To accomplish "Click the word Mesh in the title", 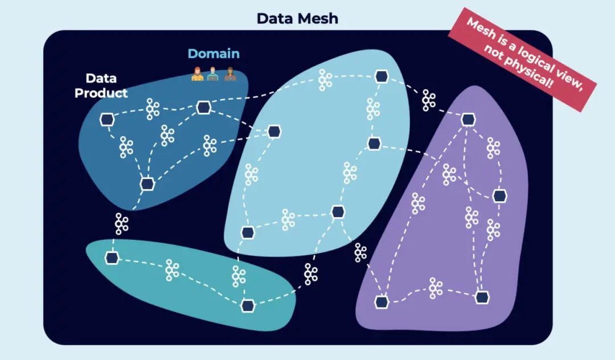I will tap(318, 18).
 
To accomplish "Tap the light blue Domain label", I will tap(214, 54).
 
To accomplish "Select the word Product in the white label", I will tap(101, 93).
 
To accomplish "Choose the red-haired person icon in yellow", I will tap(197, 75).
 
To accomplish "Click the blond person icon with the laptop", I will tap(213, 75).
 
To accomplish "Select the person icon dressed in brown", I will tap(229, 75).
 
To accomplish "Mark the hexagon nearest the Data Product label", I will tap(107, 120).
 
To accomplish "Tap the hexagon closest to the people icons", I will tap(204, 108).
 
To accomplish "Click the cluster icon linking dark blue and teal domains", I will tap(121, 223).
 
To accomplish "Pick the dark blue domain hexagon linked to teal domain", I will tap(147, 183).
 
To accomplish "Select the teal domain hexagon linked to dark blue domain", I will tap(112, 258).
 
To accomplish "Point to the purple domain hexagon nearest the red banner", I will tap(468, 119).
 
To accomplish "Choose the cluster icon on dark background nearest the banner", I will tap(429, 100).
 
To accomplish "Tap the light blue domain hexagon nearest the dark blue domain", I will tap(274, 132).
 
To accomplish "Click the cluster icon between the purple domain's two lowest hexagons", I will tap(436, 289).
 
